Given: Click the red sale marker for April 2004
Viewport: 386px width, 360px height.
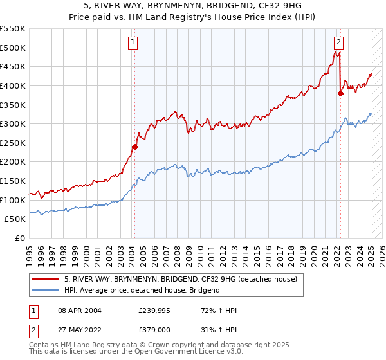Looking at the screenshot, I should [135, 147].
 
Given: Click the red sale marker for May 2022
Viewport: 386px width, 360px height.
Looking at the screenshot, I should [340, 93].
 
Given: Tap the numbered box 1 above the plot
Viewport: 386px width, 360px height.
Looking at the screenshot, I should [132, 43].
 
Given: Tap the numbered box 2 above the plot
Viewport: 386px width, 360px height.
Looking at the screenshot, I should [338, 43].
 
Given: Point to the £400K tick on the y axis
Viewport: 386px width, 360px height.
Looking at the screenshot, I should [13, 85].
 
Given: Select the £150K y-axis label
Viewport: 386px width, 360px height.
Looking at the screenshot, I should [13, 181].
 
